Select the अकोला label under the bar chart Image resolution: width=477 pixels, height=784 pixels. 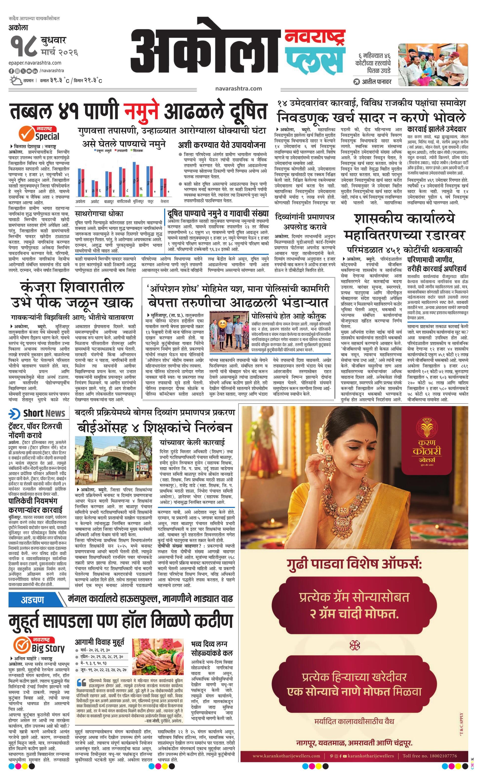pyautogui.click(x=80, y=201)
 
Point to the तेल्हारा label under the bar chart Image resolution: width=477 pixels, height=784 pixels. pyautogui.click(x=164, y=201)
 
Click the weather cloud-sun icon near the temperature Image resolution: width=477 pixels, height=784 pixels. pyautogui.click(x=16, y=81)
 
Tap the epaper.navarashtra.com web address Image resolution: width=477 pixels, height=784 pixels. pyautogui.click(x=35, y=63)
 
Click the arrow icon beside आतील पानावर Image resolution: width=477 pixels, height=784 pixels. pyautogui.click(x=357, y=82)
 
